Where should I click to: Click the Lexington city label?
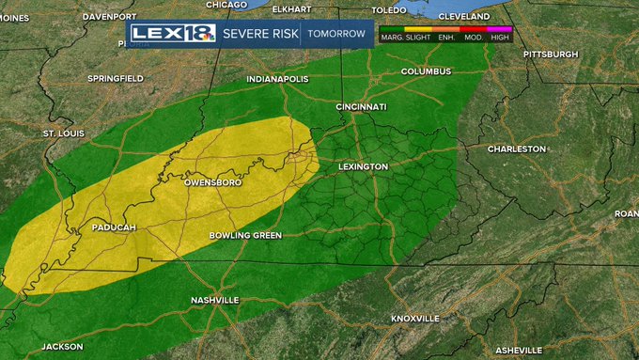click(363, 166)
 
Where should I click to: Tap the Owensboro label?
click(213, 181)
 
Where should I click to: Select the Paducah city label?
click(114, 227)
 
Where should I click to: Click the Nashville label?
click(214, 300)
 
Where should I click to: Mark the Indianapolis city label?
click(277, 80)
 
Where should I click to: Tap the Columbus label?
click(426, 71)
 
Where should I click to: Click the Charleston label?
click(516, 149)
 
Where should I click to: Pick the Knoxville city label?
click(414, 319)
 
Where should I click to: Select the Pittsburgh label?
click(550, 54)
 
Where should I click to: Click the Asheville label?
click(519, 350)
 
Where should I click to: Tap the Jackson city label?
click(62, 346)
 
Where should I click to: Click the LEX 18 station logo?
click(173, 34)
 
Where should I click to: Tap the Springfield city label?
click(115, 78)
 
